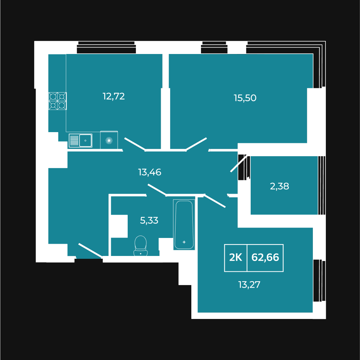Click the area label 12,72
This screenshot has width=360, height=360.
click(114, 96)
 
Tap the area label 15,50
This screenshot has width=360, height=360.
click(245, 98)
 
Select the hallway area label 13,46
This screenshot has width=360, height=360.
click(150, 172)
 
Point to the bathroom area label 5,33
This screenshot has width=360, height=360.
click(149, 220)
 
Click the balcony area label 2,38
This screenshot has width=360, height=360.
click(279, 186)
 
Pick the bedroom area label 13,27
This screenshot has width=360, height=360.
click(249, 285)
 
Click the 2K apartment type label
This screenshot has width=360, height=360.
click(236, 257)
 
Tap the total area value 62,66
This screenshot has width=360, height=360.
click(265, 257)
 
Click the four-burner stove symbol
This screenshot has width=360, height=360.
click(58, 101)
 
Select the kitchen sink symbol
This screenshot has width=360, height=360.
click(81, 140)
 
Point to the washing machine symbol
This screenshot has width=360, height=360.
click(109, 140)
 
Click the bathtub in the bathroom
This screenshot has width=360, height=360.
click(184, 225)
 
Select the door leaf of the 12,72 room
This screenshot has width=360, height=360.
click(135, 144)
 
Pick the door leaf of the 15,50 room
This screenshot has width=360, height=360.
click(196, 144)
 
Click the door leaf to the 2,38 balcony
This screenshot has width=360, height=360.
click(239, 163)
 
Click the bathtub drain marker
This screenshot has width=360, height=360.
click(184, 242)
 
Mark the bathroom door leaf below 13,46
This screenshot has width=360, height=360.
click(157, 190)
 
